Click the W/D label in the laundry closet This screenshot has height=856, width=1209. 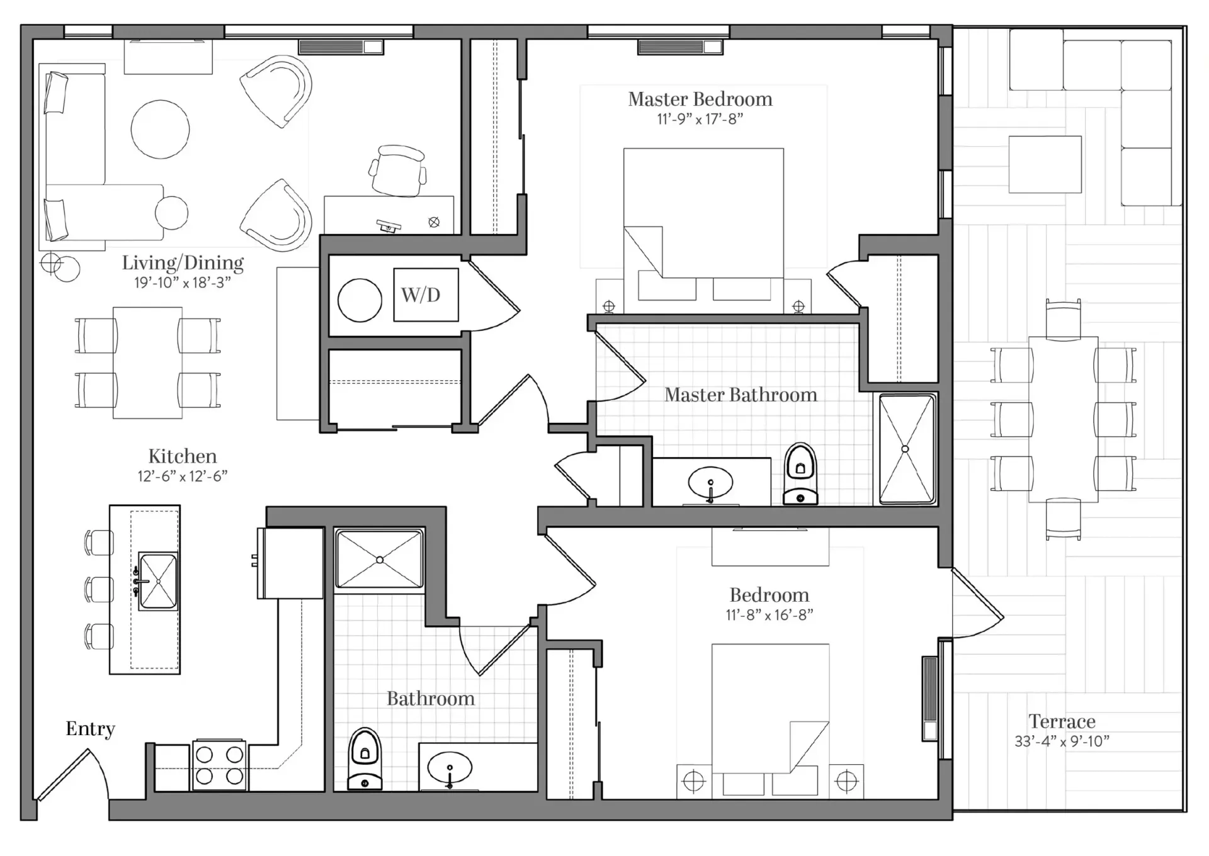point(421,295)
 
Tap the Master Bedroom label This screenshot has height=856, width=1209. point(700,99)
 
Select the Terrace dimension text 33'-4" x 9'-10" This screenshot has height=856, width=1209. point(1062,741)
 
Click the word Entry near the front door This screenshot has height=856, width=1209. point(91,729)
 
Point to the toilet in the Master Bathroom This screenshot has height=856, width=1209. point(800,474)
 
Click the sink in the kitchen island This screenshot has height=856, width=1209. point(157,581)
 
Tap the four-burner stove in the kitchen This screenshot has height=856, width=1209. point(219,765)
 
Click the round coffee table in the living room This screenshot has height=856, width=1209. point(160,129)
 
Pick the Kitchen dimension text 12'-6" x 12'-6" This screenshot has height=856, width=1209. point(183,476)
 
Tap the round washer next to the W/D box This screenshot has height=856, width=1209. point(360,300)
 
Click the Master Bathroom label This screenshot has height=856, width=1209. point(741,395)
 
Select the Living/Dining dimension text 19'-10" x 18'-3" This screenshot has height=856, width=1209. point(183,283)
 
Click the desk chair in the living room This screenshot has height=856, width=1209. point(398,170)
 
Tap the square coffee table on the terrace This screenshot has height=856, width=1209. point(1045,164)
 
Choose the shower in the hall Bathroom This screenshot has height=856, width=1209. point(380,560)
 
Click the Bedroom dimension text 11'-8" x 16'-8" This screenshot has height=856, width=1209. point(769,615)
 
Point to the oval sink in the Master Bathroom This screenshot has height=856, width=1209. point(710,483)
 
